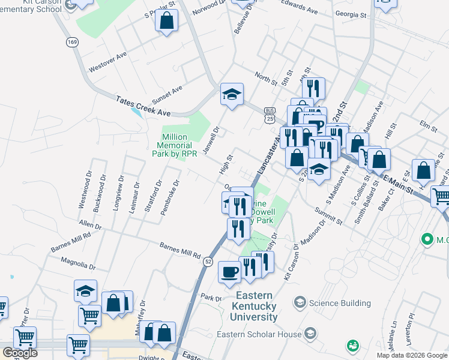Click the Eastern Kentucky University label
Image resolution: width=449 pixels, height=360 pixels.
(256, 306)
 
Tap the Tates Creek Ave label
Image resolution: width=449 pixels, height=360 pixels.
(143, 106)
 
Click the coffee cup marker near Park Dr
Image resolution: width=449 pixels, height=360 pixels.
(229, 272)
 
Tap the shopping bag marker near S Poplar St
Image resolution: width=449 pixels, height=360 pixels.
(166, 21)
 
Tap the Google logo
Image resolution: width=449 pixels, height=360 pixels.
(20, 353)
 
